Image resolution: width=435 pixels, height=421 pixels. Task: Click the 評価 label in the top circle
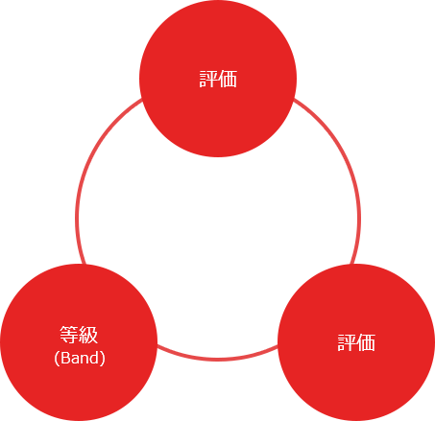218,79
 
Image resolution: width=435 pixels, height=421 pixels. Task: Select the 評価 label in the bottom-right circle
356,342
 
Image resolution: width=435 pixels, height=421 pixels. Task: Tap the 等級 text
79,335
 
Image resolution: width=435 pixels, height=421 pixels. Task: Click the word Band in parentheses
80,358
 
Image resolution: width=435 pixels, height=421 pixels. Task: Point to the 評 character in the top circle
208,79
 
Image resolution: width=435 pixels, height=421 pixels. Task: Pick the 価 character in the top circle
228,79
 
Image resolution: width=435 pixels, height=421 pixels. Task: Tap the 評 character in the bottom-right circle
347,342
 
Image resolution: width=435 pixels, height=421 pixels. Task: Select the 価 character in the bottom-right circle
366,342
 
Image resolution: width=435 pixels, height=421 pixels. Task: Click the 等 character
69,335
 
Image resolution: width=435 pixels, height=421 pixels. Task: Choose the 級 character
88,335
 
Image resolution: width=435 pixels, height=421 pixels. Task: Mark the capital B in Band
65,358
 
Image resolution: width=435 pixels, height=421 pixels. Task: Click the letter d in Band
94,358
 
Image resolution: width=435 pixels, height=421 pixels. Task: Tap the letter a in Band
75,360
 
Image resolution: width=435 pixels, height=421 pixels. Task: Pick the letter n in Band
85,360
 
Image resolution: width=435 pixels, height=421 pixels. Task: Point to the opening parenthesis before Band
57,359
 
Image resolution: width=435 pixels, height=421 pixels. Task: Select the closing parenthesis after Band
103,359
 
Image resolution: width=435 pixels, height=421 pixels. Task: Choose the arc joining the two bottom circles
218,360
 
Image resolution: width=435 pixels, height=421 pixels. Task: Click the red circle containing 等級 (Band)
79,342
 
